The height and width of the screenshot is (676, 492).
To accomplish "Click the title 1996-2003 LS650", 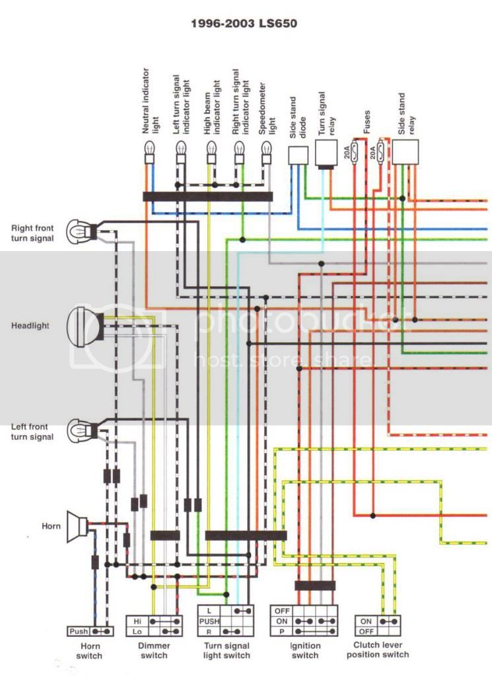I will [244, 24].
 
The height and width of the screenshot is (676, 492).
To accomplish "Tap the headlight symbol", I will [85, 326].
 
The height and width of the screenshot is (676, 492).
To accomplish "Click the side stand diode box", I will [299, 155].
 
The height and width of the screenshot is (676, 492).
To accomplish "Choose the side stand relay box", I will [406, 151].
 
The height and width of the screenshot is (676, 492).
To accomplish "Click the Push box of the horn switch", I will [79, 631].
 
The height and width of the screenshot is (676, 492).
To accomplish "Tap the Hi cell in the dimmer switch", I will [137, 622].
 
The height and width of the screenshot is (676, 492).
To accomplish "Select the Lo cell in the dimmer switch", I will [137, 632].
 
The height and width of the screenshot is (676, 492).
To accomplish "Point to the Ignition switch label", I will [304, 650].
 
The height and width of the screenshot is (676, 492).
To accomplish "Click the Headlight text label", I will [30, 326].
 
